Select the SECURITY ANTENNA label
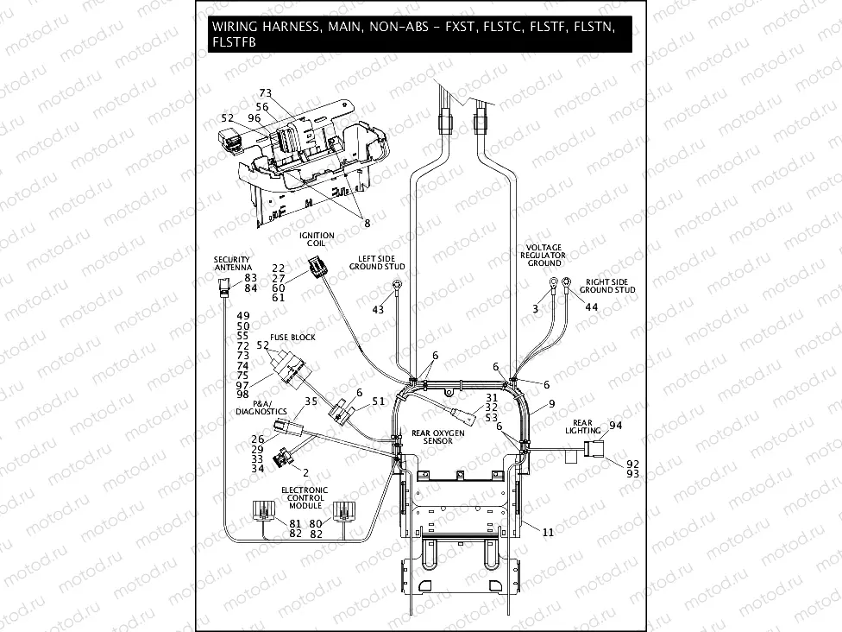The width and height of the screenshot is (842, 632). coord(232,264)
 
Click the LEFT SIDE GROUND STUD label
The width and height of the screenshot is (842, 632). coord(377,262)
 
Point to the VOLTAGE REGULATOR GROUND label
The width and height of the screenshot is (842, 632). coord(544,256)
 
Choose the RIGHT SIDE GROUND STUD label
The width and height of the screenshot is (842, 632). coord(610,286)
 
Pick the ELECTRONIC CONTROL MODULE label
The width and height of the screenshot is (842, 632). coord(304,498)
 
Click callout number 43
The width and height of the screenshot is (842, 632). coord(379,309)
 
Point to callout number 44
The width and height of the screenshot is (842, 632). coord(591,307)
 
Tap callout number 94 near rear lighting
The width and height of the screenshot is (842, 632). coord(615,425)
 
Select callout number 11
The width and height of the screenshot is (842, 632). coord(548,533)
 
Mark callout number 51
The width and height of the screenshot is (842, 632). coord(379,401)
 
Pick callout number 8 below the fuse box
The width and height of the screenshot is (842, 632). coord(366,223)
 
